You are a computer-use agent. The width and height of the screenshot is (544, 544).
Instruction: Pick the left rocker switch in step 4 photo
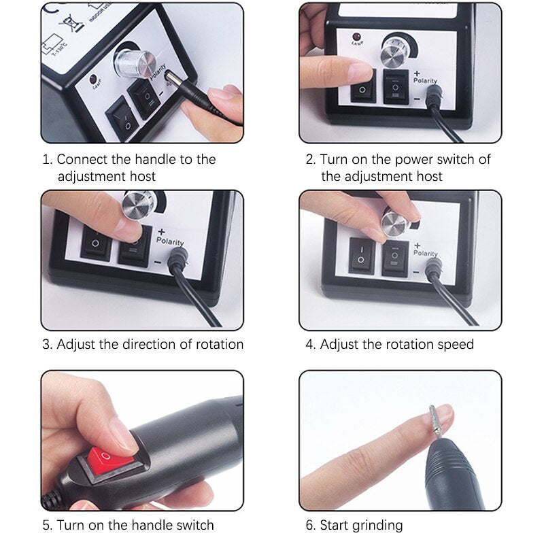coord(361,256)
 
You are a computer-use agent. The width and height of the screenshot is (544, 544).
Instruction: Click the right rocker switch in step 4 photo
coord(394,258)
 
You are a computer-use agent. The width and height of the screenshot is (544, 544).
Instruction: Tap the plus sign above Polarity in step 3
coord(160,231)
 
